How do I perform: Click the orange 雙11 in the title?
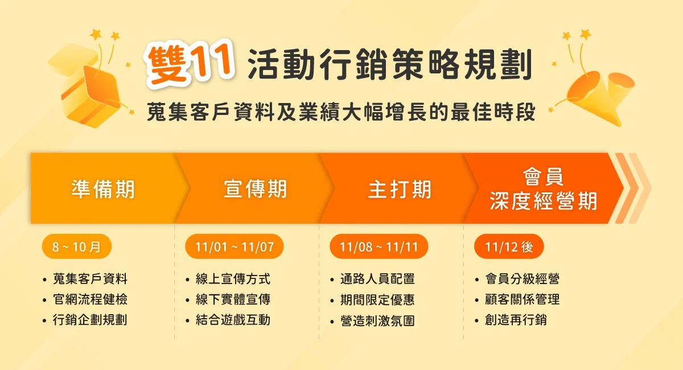[190, 63]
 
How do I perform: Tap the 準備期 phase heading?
[103, 190]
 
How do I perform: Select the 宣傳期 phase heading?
[256, 189]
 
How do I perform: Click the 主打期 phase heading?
[400, 190]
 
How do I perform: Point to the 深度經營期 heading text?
[544, 202]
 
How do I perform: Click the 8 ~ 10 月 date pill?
[76, 246]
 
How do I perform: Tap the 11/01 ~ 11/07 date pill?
[234, 246]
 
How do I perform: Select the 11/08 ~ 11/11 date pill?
[378, 246]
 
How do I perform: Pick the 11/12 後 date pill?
[509, 246]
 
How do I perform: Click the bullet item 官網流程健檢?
[90, 299]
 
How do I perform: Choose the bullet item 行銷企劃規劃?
[90, 320]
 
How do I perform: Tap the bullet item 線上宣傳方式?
[233, 279]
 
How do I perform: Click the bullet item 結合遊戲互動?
[233, 320]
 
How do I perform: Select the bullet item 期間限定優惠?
[377, 299]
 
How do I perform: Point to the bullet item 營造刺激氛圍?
[377, 320]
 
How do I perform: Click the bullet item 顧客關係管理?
[522, 299]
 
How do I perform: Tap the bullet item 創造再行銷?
[516, 320]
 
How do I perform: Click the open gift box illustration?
[88, 88]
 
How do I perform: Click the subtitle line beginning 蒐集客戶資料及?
[341, 112]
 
